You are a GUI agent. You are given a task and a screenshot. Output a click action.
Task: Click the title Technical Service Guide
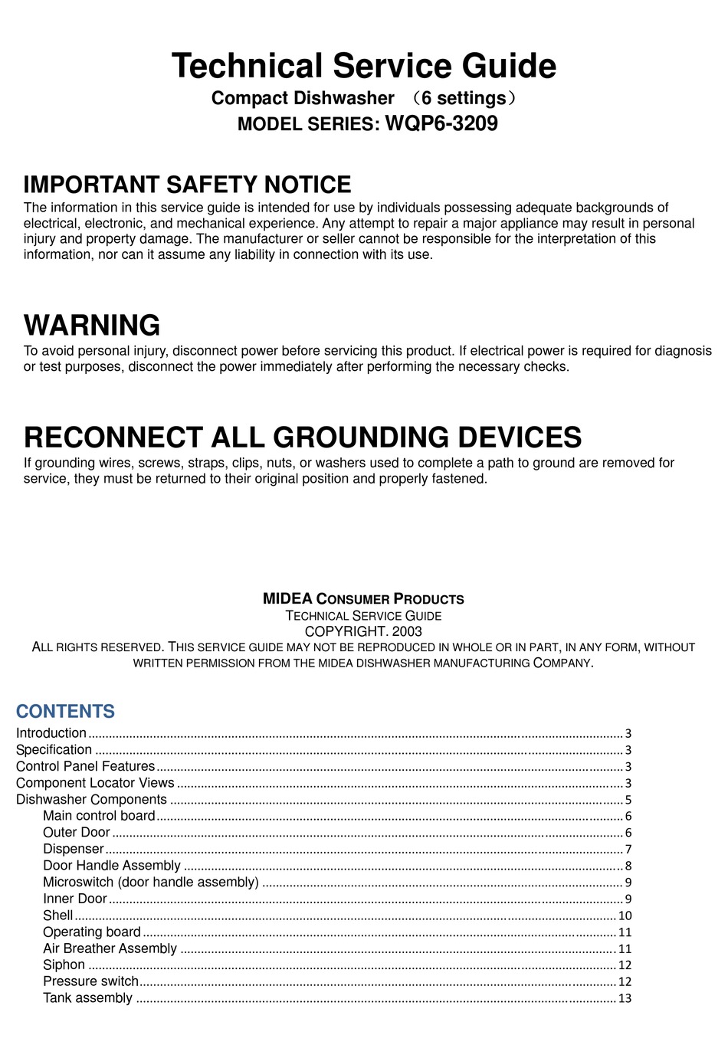point(364,66)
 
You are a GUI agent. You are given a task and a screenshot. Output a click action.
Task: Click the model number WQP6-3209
point(441,123)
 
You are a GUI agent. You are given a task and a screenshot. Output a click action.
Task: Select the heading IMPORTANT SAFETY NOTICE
point(187,185)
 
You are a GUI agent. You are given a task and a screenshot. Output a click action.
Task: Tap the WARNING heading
point(92,326)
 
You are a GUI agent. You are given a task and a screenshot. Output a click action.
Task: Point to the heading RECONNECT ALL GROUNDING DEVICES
point(303,437)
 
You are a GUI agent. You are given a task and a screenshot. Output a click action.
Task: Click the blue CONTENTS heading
point(65,712)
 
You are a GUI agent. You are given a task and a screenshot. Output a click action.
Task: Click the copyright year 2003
point(406,632)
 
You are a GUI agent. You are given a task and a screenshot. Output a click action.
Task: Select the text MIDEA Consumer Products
point(363,599)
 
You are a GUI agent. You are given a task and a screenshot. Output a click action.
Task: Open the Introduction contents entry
point(51,733)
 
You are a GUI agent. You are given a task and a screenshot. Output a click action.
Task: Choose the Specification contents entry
point(54,750)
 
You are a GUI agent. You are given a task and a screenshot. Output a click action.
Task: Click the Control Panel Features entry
point(85,766)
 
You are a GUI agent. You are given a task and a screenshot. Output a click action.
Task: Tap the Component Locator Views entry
point(95,783)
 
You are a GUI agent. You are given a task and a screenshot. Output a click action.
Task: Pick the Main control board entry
point(99,816)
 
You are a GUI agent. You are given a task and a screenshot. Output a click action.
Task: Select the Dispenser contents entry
point(73,849)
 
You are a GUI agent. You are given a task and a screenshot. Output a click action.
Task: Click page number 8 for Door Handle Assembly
point(628,866)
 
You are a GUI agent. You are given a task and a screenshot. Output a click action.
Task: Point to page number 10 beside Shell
point(625,916)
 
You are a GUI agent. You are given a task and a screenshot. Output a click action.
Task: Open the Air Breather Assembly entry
point(110,948)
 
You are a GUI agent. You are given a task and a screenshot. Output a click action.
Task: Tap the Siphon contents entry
point(64,965)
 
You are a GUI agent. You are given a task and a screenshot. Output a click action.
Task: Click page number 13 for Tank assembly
point(625,998)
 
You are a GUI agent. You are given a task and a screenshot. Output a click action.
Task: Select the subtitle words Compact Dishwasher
point(303,98)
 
